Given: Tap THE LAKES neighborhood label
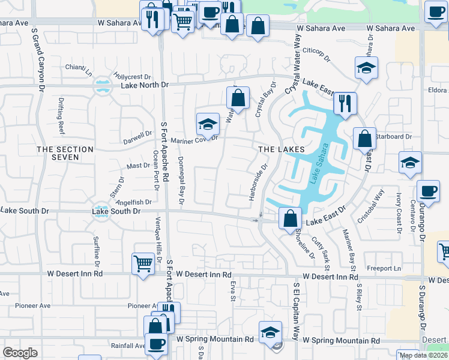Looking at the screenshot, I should click(282, 149).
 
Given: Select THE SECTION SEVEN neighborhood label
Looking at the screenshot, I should click(65, 153).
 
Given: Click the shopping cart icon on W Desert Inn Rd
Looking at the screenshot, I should click(143, 263).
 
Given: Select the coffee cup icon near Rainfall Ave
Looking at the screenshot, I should click(157, 344).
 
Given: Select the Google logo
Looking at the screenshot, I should click(20, 353).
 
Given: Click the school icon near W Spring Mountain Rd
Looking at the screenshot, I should click(270, 332).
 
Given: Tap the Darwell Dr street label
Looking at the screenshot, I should click(137, 136).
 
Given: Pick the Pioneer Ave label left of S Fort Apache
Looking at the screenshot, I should click(142, 305).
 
